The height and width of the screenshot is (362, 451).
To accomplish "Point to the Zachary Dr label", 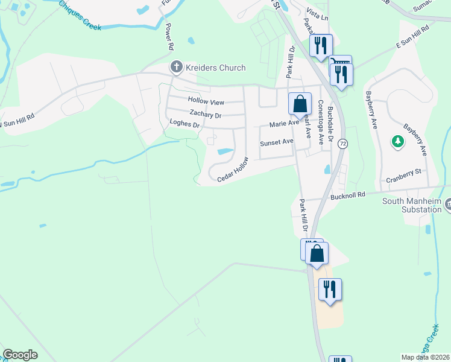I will point(206,113).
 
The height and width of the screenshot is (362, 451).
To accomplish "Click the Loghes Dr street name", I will point(184,124).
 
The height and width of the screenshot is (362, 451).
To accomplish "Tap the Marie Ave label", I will point(284,123).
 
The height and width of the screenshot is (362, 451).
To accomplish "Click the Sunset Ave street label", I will point(276,142).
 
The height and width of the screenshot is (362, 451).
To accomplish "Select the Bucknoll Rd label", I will point(348,195).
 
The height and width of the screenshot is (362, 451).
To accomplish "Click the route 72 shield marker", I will point(343,144).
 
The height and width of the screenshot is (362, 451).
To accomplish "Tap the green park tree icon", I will point(397,141).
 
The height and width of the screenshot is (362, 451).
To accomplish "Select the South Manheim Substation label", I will point(412,205).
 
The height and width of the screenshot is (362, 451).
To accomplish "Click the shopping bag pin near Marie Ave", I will point(300,104).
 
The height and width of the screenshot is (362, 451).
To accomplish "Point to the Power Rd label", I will point(169,37).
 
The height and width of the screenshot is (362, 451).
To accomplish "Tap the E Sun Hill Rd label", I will point(412,36).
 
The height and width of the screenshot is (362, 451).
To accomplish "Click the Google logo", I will point(20,355).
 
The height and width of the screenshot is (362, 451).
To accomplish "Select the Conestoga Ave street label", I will point(321,121).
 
